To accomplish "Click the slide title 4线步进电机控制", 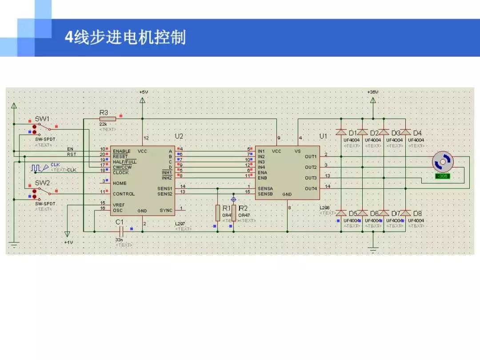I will (125, 37).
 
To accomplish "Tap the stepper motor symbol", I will (443, 162).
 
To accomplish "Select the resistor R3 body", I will (108, 119).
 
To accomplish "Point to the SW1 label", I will (43, 119).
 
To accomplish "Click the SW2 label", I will (43, 183).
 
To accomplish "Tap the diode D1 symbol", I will (341, 132).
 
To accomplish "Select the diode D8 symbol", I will (405, 213).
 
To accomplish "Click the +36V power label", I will (373, 92).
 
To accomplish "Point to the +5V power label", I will (143, 92).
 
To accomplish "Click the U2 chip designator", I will (179, 136).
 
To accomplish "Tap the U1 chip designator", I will (323, 136).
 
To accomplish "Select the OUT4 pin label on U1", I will (311, 188).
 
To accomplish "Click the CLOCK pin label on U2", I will (121, 172).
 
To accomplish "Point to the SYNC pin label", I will (166, 210).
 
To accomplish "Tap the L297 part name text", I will (180, 224).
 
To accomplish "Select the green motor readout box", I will (443, 176).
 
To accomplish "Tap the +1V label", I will (68, 243).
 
